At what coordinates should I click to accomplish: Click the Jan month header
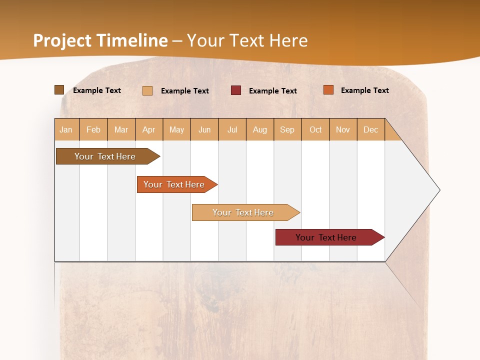(66, 129)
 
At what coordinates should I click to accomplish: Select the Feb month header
(93, 129)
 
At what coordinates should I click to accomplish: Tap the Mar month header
(121, 129)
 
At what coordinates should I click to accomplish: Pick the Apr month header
(148, 129)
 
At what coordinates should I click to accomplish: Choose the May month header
(176, 129)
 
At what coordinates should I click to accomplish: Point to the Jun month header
(204, 129)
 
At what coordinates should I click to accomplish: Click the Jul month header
(232, 129)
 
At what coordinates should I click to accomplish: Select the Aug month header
(259, 129)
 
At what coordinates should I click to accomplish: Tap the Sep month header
(287, 129)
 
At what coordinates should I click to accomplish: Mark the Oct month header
(315, 129)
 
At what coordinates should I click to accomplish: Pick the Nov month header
(343, 129)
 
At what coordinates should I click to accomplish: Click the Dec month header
(370, 129)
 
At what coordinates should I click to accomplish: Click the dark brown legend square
(59, 90)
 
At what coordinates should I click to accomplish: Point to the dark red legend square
(236, 90)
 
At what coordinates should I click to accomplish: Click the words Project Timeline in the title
(100, 40)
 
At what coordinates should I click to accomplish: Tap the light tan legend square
(147, 90)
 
